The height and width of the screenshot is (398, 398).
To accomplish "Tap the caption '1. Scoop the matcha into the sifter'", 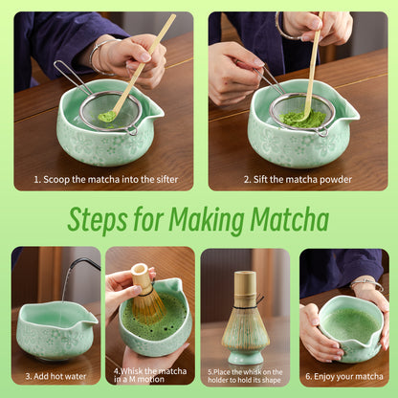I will coord(102,179).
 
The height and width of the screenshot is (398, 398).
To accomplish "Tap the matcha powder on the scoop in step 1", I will coord(107,116).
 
